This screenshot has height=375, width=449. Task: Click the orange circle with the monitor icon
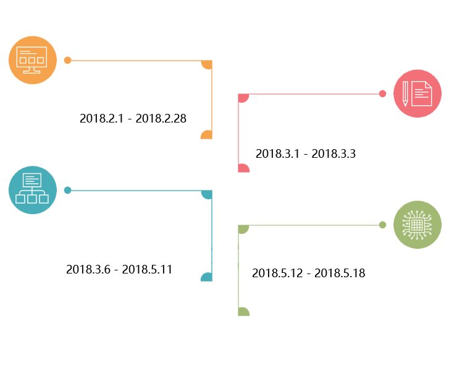point(32,60)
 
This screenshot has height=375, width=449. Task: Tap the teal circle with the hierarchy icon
point(32,190)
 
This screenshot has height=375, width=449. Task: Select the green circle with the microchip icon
point(417,225)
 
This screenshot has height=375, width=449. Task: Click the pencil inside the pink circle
point(405,93)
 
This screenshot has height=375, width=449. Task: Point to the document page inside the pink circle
point(422,93)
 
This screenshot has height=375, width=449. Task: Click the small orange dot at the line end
point(67,61)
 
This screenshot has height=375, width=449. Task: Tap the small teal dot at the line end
point(67,191)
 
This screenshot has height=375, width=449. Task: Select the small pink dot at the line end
point(382,94)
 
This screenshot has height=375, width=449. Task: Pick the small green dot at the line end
point(382,225)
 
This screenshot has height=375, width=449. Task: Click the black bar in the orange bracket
point(133,118)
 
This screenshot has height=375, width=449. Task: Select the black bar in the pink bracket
point(305,153)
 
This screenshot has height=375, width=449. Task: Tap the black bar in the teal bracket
point(118,269)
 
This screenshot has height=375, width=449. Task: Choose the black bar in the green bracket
point(308,273)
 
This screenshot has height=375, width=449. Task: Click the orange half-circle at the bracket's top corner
point(207,64)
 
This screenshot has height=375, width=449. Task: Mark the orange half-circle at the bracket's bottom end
point(207,135)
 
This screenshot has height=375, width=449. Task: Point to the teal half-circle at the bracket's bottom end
point(207,277)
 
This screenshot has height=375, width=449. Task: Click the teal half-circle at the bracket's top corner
point(207,194)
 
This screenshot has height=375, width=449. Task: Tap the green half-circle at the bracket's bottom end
point(243,312)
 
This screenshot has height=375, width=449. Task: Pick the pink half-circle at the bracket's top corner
point(243,98)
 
